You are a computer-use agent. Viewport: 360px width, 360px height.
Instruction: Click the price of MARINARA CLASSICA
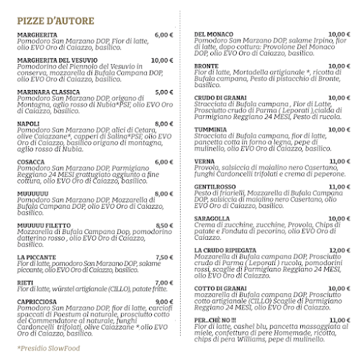pos(165,92)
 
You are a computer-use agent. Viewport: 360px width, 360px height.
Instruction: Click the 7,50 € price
pos(165,257)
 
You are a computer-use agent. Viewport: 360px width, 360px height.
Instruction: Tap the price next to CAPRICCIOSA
pos(165,302)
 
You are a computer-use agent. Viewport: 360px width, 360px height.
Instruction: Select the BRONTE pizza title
pos(207,67)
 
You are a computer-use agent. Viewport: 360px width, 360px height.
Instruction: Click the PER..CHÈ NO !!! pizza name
pos(215,320)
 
